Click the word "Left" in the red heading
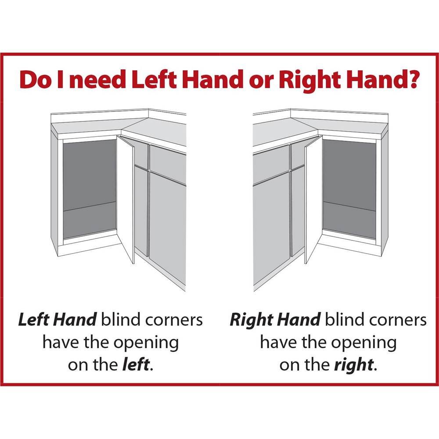tap(154, 80)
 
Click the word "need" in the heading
tap(97, 80)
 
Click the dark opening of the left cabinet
tap(90, 189)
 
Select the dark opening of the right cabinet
tap(349, 189)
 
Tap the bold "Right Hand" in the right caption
tap(275, 321)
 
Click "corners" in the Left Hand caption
tap(174, 320)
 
